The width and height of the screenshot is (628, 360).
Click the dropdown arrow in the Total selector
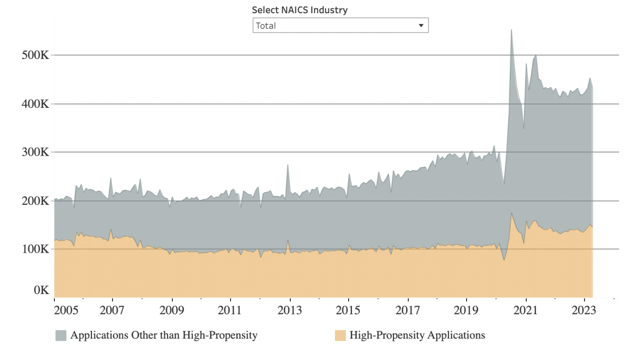tap(421, 25)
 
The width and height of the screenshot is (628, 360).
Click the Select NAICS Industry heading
tap(300, 10)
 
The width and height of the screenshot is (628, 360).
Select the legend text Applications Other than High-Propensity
tap(164, 335)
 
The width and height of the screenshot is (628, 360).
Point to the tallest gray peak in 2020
tap(511, 33)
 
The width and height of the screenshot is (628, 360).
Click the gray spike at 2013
tap(288, 167)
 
